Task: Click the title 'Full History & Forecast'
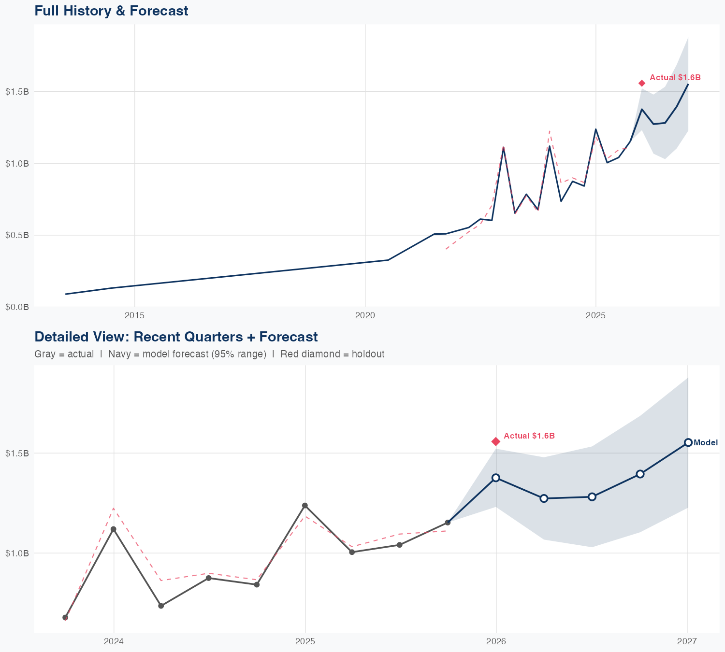point(111,11)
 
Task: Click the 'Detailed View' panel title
point(176,337)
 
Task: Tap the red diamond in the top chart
point(642,83)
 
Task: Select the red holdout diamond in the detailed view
point(496,441)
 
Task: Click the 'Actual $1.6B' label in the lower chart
point(529,436)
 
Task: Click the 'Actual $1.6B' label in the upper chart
point(675,77)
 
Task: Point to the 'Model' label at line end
point(706,442)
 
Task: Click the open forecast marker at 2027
point(688,442)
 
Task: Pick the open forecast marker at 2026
point(496,478)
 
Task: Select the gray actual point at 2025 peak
point(305,506)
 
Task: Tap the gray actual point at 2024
point(114,529)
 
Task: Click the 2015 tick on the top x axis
point(134,315)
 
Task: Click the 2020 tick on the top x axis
point(365,315)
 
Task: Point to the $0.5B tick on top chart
point(17,235)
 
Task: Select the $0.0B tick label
point(17,307)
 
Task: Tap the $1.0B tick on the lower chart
point(17,553)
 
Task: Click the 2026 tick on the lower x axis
point(496,641)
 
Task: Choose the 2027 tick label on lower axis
point(687,641)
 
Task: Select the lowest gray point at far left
point(66,617)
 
